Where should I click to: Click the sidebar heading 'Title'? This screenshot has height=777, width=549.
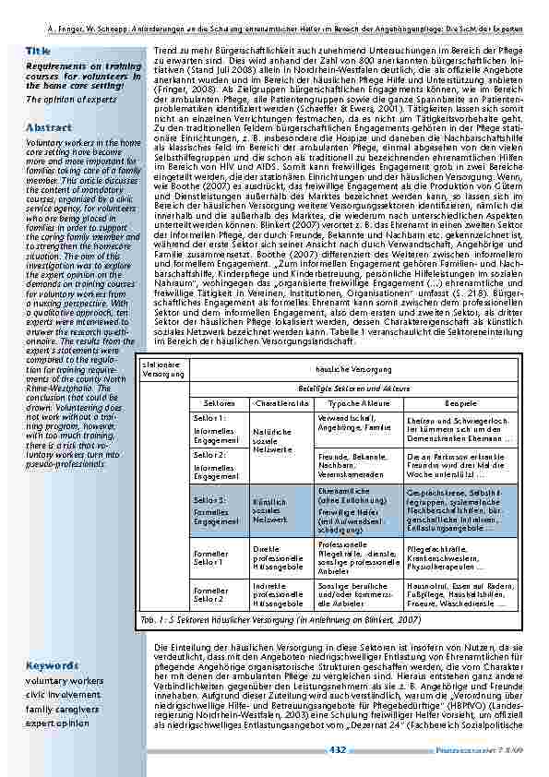point(39,50)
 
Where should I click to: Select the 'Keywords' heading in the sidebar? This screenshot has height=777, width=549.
point(52,664)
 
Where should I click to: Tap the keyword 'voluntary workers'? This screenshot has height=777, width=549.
point(65,681)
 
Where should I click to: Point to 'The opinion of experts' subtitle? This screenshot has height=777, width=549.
point(65,99)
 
